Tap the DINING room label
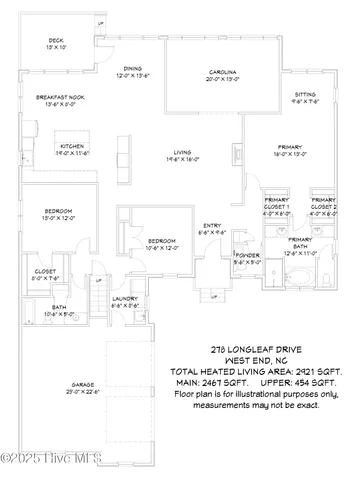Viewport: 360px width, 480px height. [x=133, y=69]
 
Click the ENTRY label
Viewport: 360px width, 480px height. [x=212, y=226]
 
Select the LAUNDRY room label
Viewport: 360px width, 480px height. [x=124, y=298]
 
